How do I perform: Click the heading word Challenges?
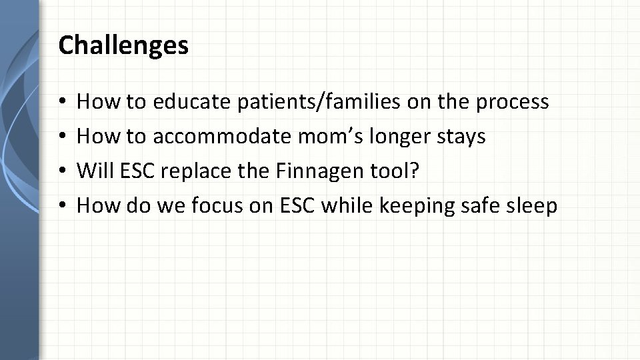point(123,46)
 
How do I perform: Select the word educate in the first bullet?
point(191,102)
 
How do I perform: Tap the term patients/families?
point(317,102)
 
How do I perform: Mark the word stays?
point(461,137)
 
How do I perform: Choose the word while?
point(347,206)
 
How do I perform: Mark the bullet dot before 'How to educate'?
point(61,103)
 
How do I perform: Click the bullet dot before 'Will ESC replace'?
point(61,172)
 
